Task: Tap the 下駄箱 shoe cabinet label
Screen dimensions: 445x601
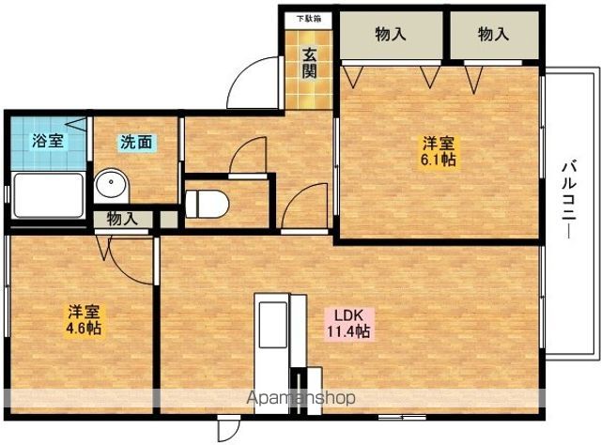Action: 309,17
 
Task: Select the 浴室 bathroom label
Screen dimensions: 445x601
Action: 47,142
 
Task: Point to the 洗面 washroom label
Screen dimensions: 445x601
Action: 136,143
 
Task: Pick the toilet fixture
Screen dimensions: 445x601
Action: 204,201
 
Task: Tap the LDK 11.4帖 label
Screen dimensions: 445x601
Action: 347,323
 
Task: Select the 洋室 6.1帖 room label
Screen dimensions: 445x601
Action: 438,151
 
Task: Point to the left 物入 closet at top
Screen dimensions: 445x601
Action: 390,36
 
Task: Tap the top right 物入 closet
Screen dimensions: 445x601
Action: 493,36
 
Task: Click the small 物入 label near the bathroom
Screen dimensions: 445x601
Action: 122,219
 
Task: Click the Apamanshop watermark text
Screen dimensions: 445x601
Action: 300,397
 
